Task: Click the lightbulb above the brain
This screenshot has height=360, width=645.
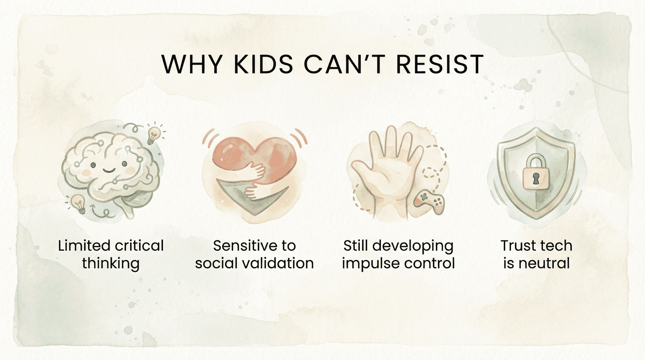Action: click(x=155, y=134)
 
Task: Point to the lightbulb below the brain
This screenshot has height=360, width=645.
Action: click(x=78, y=203)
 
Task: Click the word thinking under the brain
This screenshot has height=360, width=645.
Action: click(x=110, y=264)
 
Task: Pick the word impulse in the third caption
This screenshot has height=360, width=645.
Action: click(x=367, y=264)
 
